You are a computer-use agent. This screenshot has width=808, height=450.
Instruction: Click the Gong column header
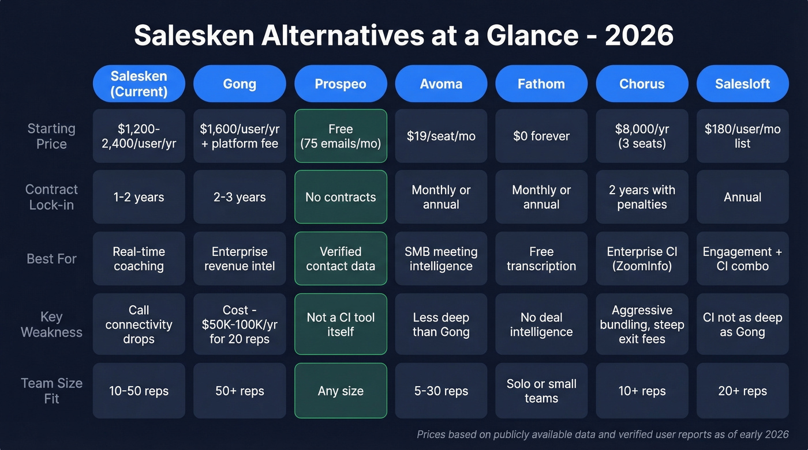point(240,84)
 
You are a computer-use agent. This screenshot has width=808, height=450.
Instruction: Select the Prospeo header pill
point(341,84)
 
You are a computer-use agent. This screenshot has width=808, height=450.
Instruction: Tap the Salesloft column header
point(742,84)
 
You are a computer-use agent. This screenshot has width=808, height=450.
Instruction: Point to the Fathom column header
point(541,84)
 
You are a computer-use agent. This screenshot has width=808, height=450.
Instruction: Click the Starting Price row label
point(51,136)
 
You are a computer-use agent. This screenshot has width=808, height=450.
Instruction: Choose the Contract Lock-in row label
point(51,197)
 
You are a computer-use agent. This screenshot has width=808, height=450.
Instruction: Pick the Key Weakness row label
point(51,324)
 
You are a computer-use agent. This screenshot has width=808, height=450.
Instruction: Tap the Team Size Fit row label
point(51,391)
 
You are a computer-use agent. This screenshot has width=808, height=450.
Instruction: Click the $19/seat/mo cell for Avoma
point(441,136)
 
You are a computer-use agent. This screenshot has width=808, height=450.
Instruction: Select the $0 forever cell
point(541,136)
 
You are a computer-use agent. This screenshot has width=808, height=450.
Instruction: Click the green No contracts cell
point(341,197)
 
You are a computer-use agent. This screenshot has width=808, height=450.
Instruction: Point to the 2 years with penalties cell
point(642,197)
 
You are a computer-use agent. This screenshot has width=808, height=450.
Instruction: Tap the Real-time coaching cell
point(139,259)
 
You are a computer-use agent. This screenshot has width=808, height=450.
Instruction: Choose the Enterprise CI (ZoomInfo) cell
point(642,259)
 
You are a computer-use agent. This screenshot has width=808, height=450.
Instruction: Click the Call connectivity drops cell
point(139,324)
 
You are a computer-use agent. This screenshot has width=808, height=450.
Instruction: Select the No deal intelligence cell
point(541,324)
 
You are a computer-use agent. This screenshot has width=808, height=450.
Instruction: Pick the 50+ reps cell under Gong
point(240,391)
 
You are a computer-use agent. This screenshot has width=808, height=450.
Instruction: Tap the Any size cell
point(341,391)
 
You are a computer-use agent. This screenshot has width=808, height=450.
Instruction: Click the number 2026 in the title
point(639,36)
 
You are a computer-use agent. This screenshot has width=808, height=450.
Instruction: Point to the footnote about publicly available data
point(603,434)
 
